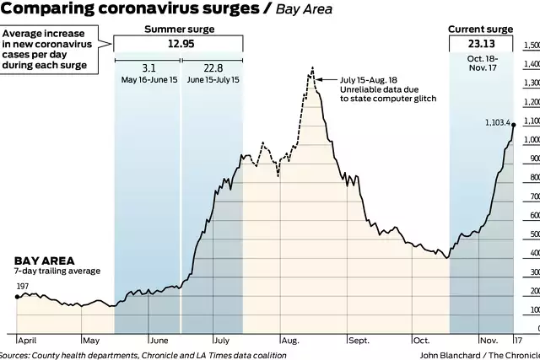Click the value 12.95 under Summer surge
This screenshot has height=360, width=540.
pyautogui.click(x=178, y=43)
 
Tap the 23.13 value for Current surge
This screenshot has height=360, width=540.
pyautogui.click(x=482, y=43)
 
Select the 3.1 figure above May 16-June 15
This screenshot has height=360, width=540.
pyautogui.click(x=147, y=68)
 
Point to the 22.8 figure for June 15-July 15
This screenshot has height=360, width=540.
pyautogui.click(x=211, y=68)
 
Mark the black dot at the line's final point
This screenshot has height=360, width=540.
pyautogui.click(x=514, y=126)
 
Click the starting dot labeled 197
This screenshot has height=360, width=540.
pyautogui.click(x=17, y=297)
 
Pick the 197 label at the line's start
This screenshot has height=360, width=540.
pyautogui.click(x=23, y=287)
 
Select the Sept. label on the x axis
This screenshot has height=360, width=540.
pyautogui.click(x=359, y=341)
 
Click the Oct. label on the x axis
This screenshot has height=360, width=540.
pyautogui.click(x=421, y=341)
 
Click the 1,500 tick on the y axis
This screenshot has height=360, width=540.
pyautogui.click(x=530, y=45)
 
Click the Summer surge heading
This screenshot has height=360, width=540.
pyautogui.click(x=178, y=29)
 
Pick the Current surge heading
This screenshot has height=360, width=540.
pyautogui.click(x=482, y=29)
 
